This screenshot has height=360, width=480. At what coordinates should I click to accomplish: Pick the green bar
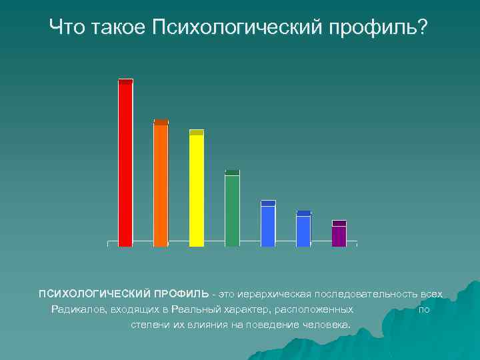(232, 211)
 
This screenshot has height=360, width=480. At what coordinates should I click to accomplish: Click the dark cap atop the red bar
(125, 81)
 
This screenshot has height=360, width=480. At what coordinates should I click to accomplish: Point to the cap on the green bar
(232, 172)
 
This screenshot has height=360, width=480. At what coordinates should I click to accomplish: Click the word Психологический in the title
(233, 28)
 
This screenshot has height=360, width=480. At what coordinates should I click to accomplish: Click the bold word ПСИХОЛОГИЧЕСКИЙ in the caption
(94, 294)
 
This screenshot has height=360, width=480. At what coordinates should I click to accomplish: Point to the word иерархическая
(278, 294)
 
